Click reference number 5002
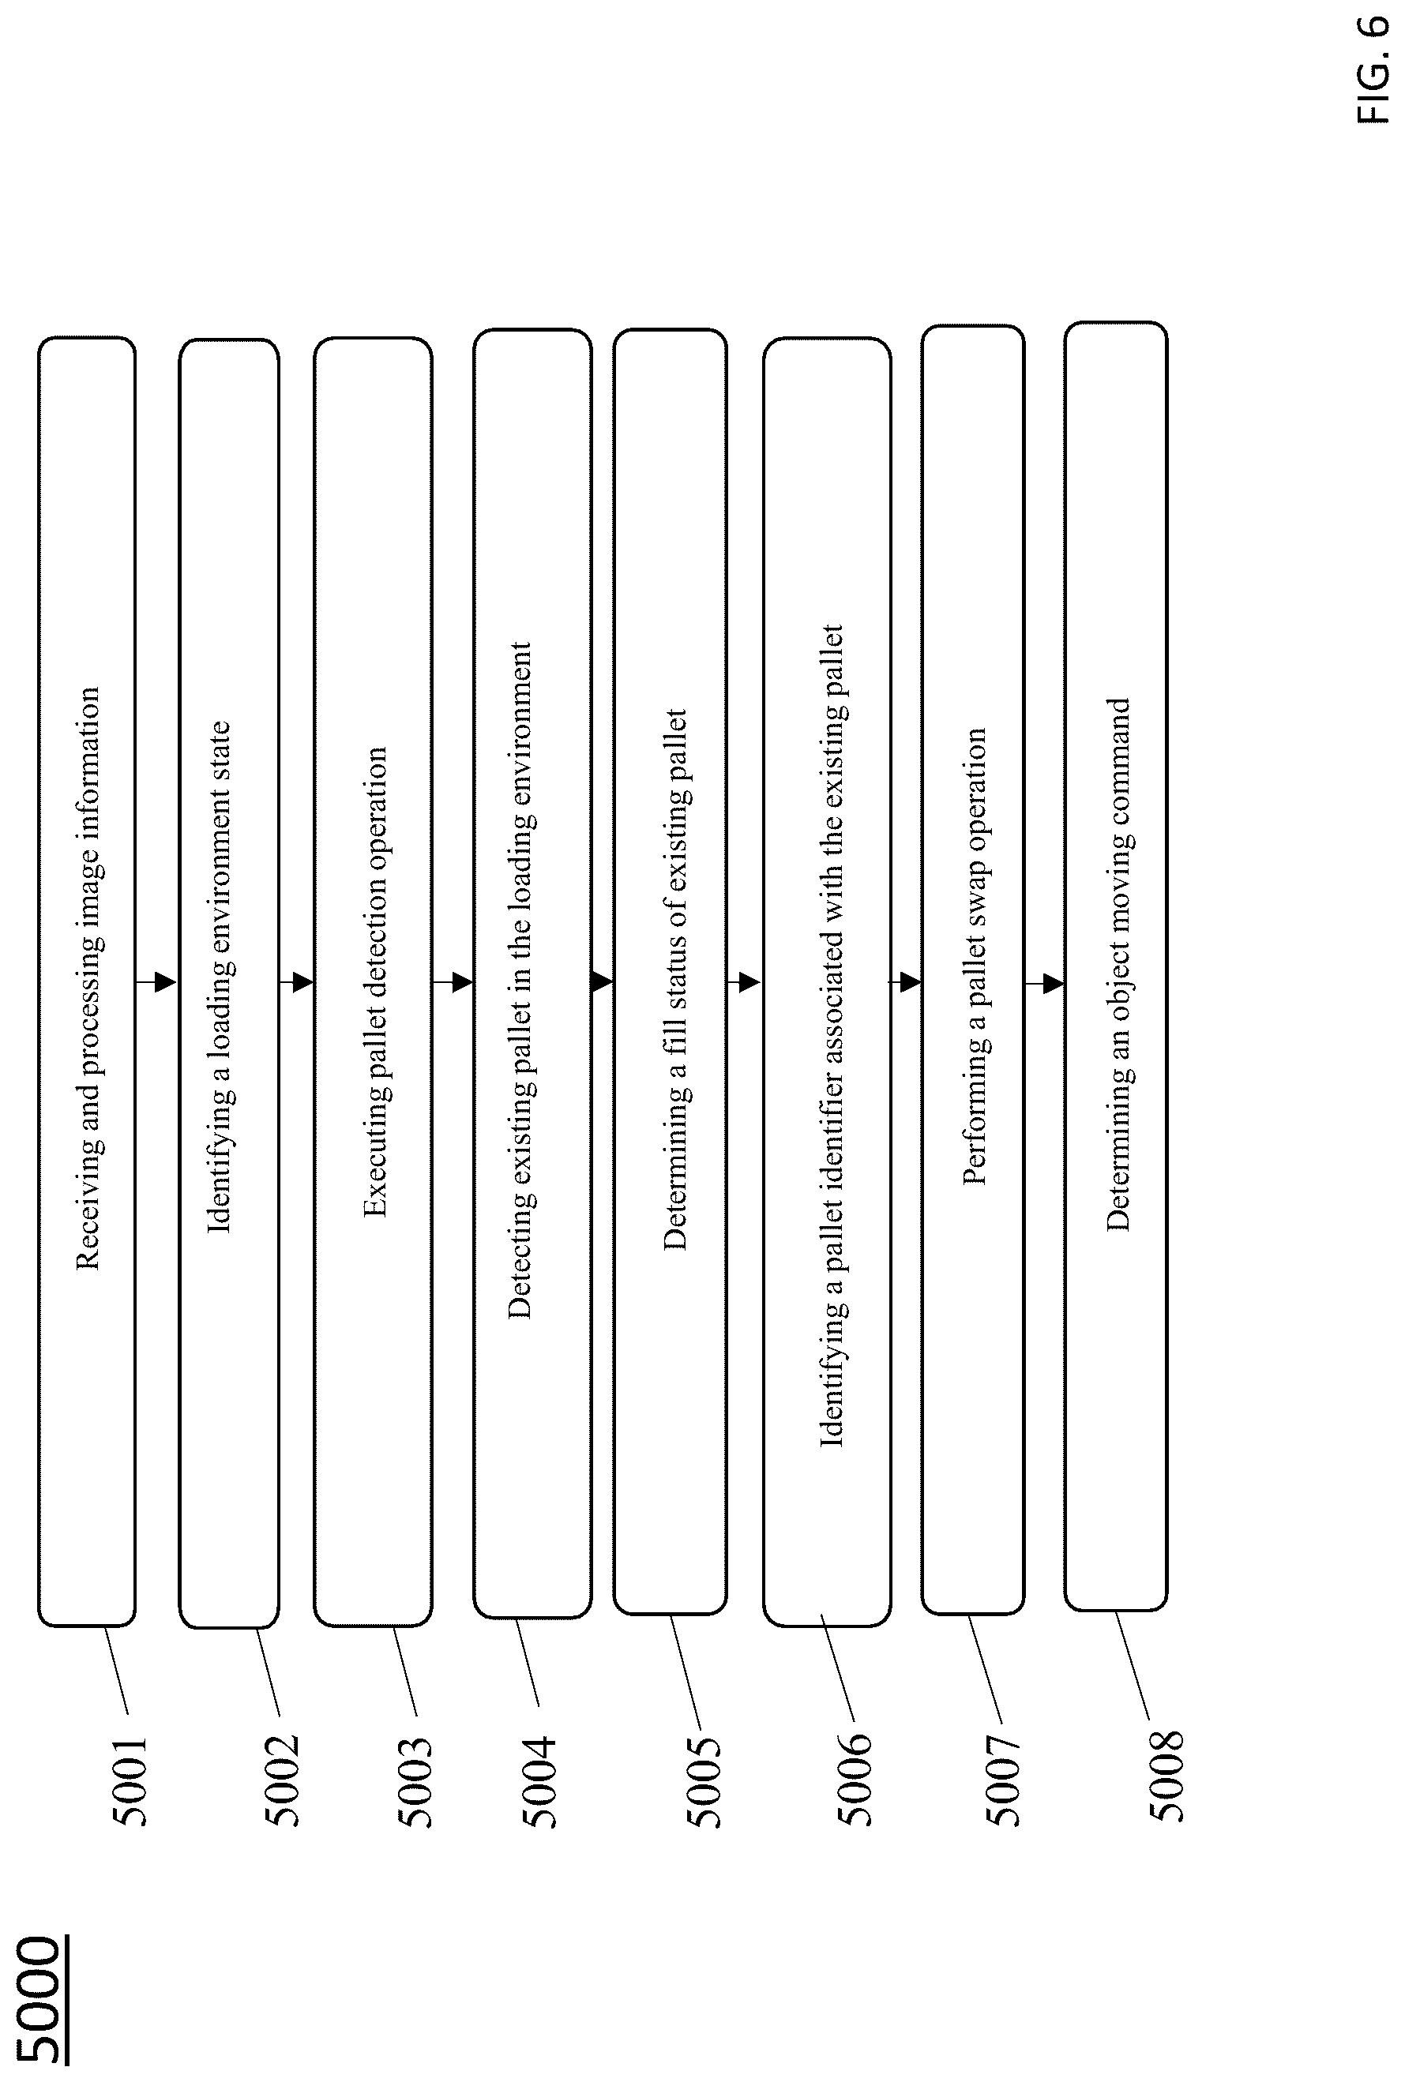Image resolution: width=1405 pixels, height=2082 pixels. click(x=281, y=1784)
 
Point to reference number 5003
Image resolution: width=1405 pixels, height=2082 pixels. click(x=414, y=1784)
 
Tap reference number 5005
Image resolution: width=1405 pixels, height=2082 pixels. click(x=703, y=1784)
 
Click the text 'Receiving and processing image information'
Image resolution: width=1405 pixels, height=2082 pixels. click(x=88, y=979)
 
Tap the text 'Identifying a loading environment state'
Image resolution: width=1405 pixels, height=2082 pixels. click(x=220, y=977)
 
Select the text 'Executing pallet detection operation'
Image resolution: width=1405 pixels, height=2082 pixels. click(x=375, y=982)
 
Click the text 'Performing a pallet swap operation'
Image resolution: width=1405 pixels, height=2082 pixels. click(x=975, y=957)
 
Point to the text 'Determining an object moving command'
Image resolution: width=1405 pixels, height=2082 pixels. click(x=1118, y=965)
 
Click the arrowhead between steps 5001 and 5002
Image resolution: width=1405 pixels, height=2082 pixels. click(x=165, y=982)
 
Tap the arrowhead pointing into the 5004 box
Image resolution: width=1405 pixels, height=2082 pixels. click(x=462, y=982)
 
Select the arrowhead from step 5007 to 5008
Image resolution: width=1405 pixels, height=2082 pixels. click(x=1054, y=984)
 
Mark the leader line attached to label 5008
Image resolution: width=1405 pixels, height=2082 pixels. click(x=1132, y=1664)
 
